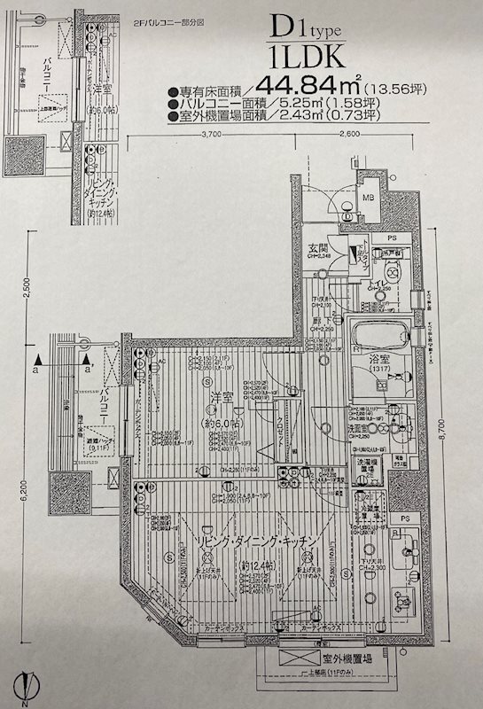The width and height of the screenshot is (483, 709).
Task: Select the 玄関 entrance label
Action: coord(320,247)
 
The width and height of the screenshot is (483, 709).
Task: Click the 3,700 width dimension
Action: coord(211,136)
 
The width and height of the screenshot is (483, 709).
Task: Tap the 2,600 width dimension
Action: coord(348,136)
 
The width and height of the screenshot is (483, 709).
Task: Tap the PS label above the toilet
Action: coord(392,238)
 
